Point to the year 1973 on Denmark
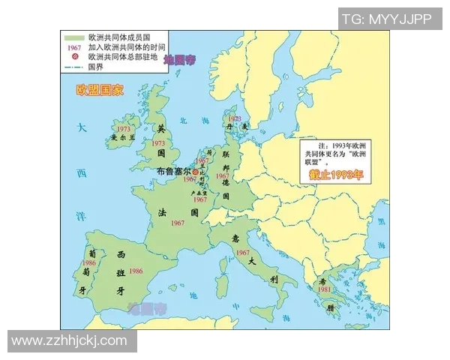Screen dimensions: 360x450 235,118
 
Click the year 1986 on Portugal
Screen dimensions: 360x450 89,263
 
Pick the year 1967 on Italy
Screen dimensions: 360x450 242,253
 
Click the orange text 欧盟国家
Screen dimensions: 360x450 100,89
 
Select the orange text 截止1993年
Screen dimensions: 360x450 335,175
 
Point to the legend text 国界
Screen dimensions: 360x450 96,67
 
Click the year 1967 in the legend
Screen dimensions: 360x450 73,46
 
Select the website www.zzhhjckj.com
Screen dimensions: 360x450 69,340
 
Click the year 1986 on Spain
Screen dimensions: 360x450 136,271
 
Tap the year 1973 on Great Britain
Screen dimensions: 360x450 158,142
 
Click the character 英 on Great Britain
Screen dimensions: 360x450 159,128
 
